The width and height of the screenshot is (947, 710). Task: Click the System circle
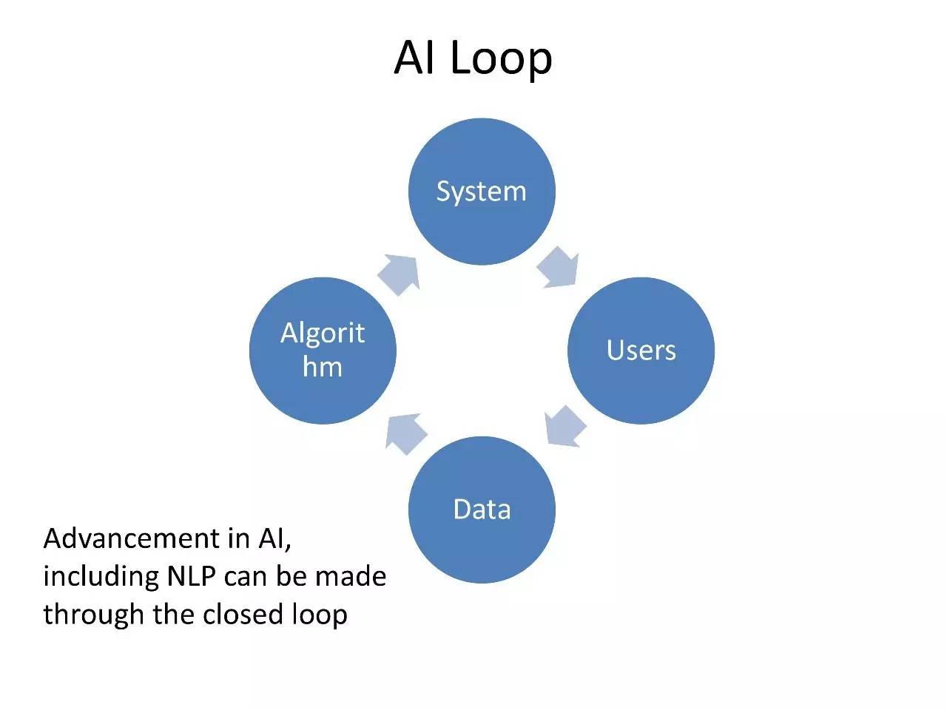click(x=482, y=222)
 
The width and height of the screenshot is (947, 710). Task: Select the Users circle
click(x=641, y=385)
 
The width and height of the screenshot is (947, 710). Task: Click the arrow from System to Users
click(x=558, y=268)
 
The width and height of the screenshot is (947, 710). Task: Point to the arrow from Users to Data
click(x=565, y=427)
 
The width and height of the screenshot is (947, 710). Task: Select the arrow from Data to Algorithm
click(x=406, y=433)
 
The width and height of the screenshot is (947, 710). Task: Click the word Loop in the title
click(x=501, y=58)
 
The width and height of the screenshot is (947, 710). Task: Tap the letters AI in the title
click(x=414, y=58)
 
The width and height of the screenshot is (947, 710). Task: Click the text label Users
click(x=641, y=350)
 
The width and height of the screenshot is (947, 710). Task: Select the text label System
click(x=482, y=192)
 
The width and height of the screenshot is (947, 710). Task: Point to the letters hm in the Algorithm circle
click(x=323, y=367)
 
